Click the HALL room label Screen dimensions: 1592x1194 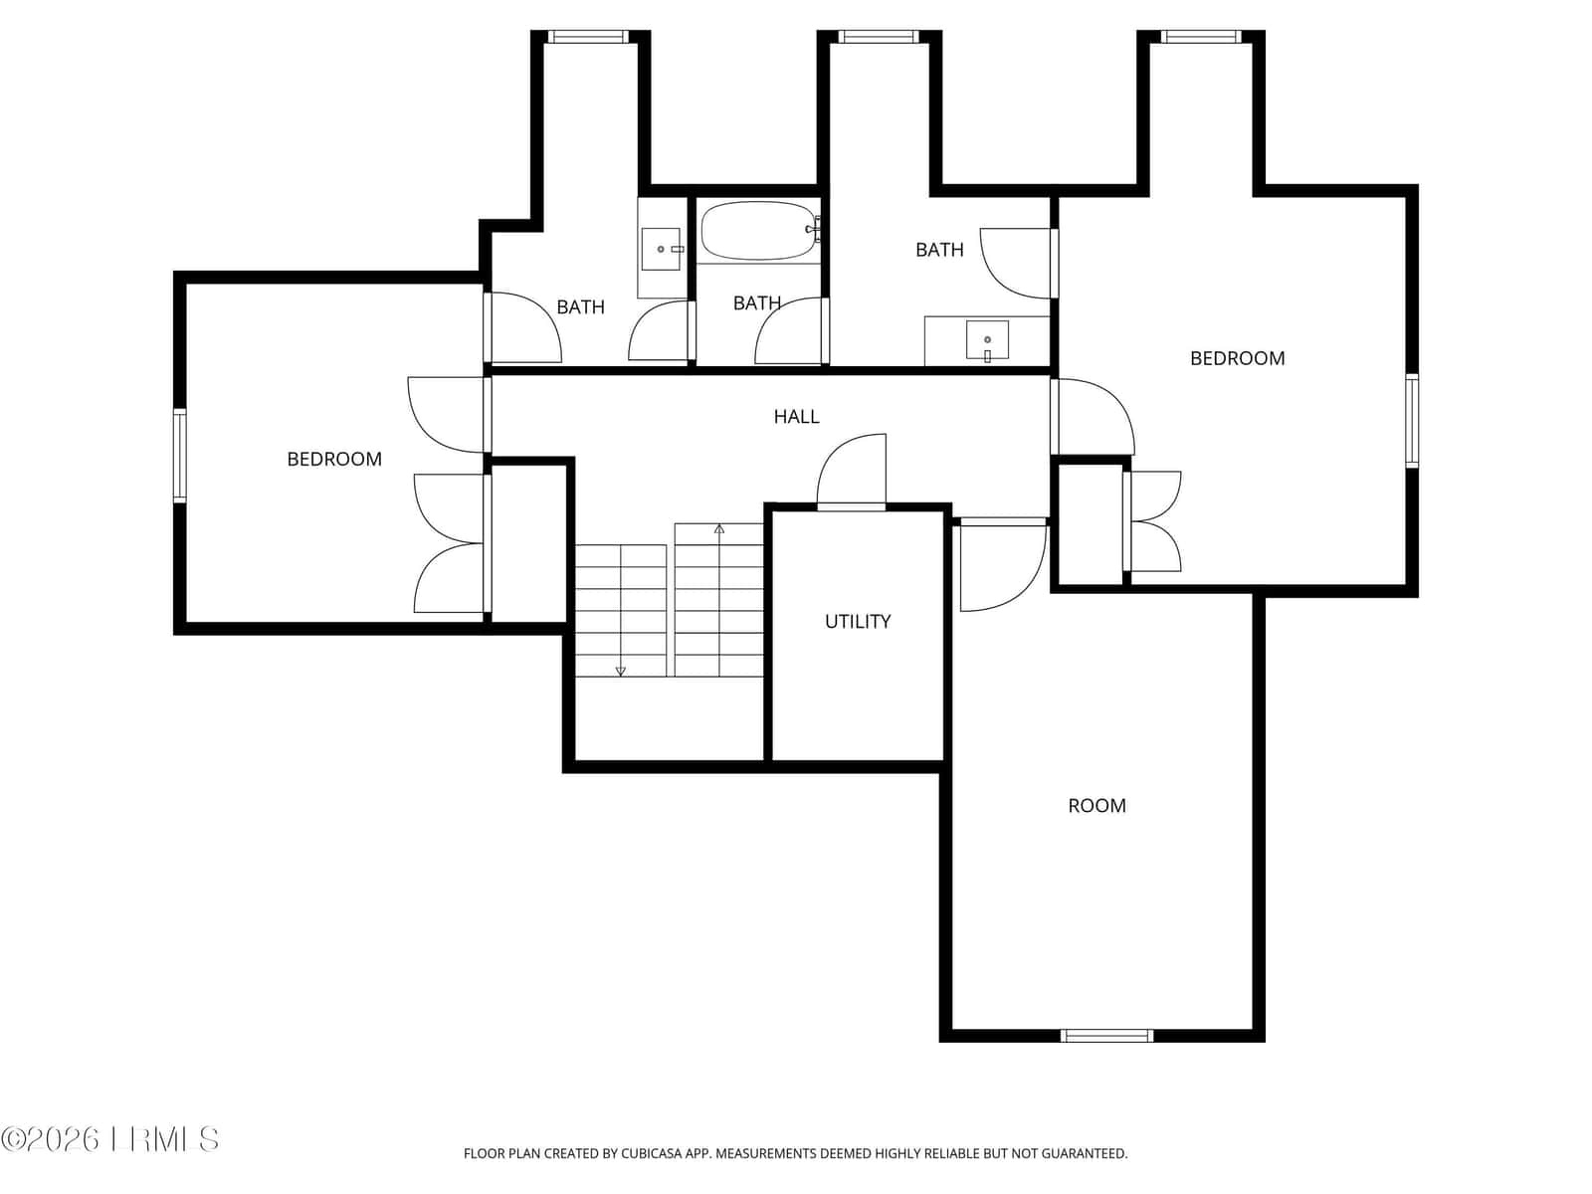pyautogui.click(x=796, y=416)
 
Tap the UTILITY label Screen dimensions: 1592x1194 pyautogui.click(x=858, y=621)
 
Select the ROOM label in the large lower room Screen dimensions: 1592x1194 pyautogui.click(x=1096, y=805)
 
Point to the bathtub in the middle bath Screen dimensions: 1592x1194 pyautogui.click(x=759, y=231)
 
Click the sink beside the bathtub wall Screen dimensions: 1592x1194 pyautogui.click(x=661, y=249)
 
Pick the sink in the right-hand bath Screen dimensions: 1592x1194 pyautogui.click(x=987, y=339)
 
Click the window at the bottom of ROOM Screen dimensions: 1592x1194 pyautogui.click(x=1106, y=1035)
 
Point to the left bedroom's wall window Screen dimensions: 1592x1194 pyautogui.click(x=179, y=456)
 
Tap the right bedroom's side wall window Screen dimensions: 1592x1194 pyautogui.click(x=1411, y=421)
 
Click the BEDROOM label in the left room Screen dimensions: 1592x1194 pyautogui.click(x=334, y=459)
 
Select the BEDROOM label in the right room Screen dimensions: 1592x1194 pyautogui.click(x=1238, y=358)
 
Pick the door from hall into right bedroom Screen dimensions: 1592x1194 pyautogui.click(x=1092, y=417)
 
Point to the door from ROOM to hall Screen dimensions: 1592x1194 pyautogui.click(x=1002, y=565)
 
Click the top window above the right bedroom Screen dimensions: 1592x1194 pyautogui.click(x=1200, y=36)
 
